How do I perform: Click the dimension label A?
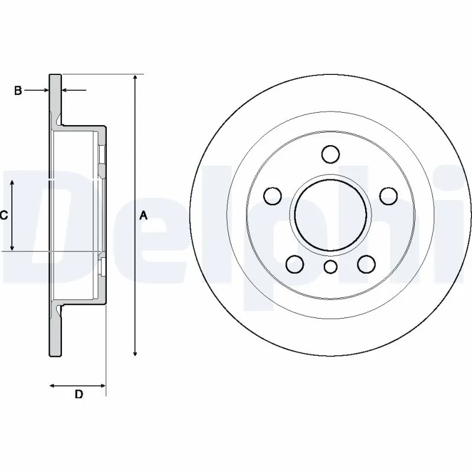tap(143, 216)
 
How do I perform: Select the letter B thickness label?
tap(18, 90)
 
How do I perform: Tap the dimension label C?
tap(3, 216)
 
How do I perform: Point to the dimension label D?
tap(78, 395)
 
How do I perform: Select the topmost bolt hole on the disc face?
tap(331, 155)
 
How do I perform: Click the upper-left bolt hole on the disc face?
tap(273, 195)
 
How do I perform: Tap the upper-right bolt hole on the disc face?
tap(388, 195)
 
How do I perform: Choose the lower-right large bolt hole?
tap(366, 263)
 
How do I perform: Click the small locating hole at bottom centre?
tap(331, 267)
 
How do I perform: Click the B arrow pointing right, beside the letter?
tap(45, 90)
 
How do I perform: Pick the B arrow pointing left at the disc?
tap(65, 90)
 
